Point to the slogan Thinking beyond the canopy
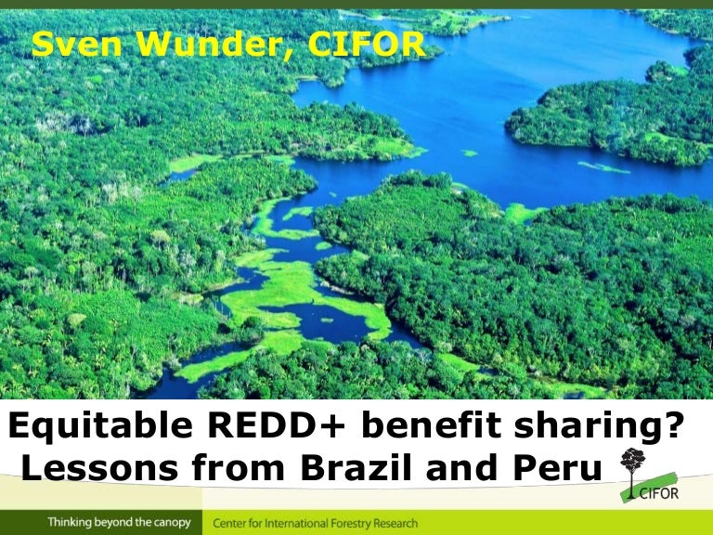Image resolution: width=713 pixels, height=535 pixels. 119,523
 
